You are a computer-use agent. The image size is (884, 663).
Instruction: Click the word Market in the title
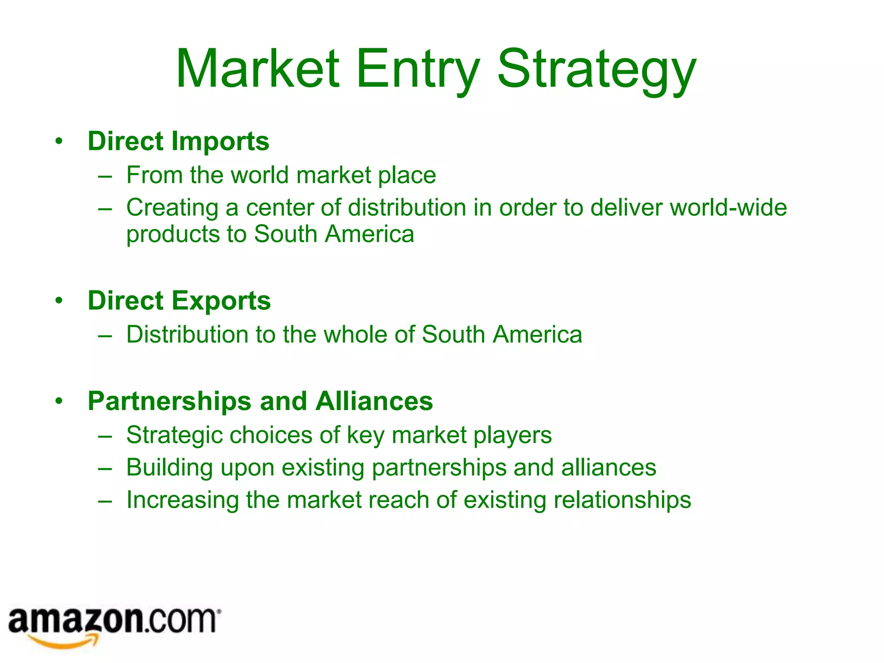258,69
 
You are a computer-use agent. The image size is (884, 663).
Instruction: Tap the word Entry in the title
417,69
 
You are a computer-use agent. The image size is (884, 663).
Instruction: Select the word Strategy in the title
597,69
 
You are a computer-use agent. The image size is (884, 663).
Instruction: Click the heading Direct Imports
178,141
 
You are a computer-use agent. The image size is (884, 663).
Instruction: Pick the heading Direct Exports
179,300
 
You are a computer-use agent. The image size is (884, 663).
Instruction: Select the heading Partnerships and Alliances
260,401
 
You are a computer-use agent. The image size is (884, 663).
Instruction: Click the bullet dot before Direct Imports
59,141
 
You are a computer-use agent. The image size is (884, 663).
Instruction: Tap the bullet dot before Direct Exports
59,300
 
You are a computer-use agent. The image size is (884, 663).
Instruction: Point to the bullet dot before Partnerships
59,401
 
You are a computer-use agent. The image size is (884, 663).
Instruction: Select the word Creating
172,208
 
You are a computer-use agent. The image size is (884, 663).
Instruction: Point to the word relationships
622,500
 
